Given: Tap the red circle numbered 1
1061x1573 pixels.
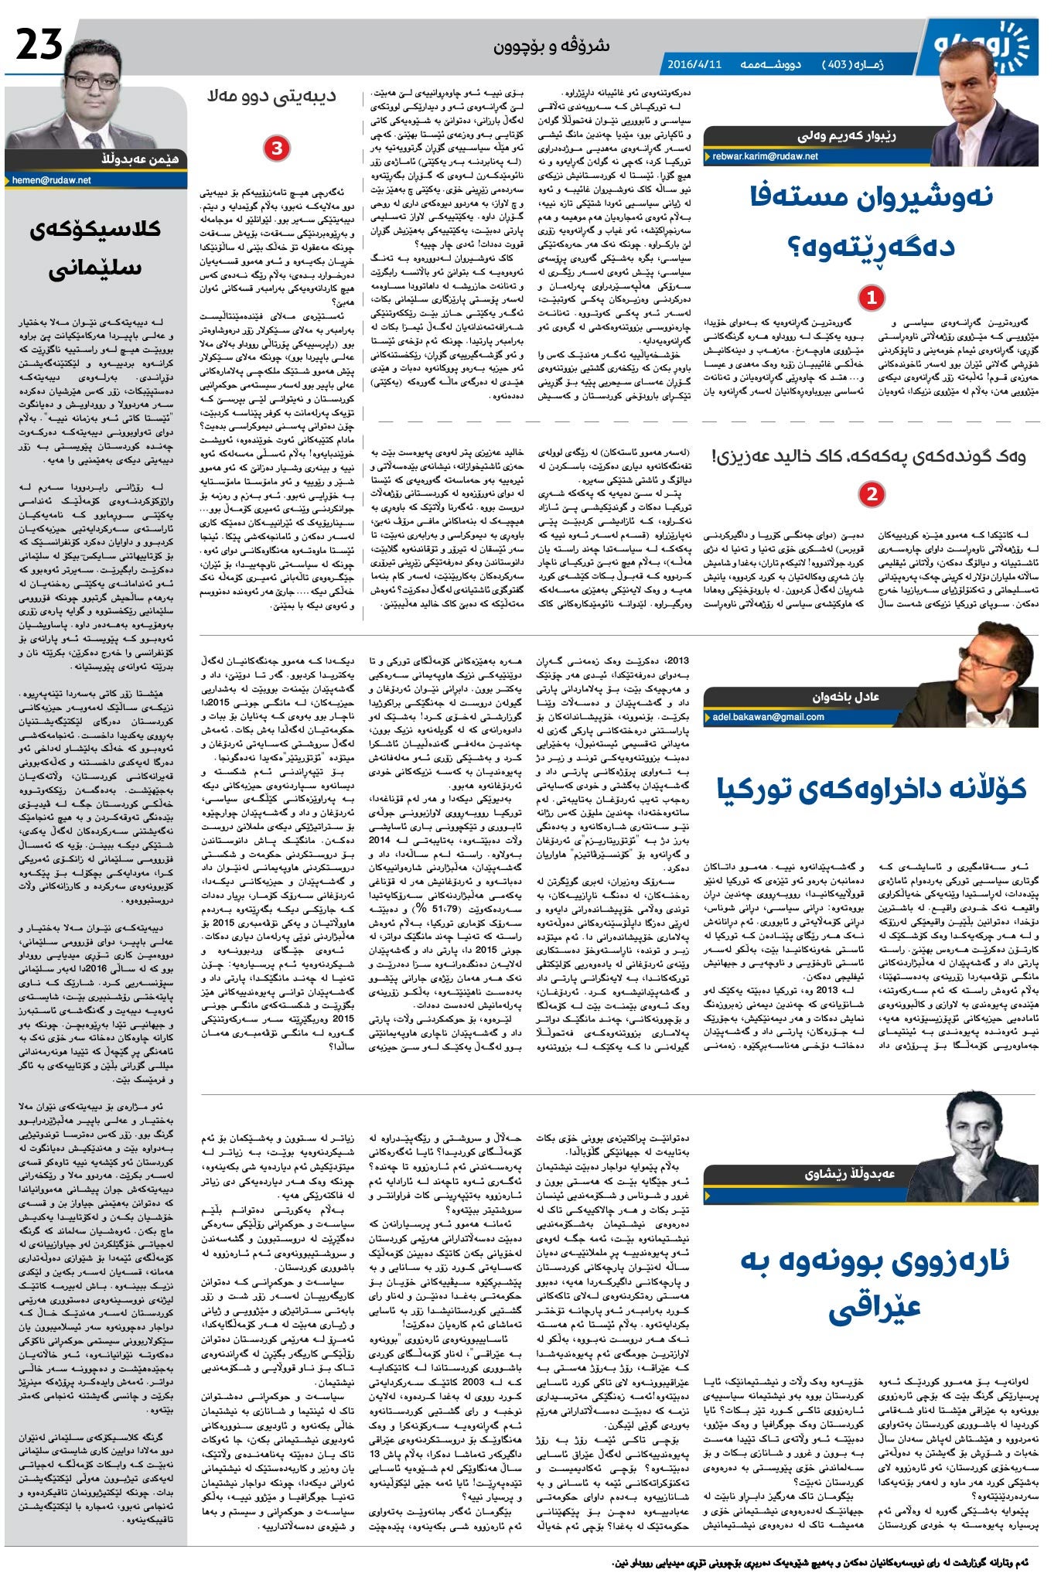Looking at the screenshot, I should [872, 297].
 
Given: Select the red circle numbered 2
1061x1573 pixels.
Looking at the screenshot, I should [872, 493].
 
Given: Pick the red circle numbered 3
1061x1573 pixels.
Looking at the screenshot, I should [276, 148].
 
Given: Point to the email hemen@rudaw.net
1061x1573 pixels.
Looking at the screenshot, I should [52, 179].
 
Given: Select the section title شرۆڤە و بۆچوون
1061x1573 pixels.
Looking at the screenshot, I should [551, 46].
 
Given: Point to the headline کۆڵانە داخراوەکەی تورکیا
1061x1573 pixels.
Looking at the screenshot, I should [872, 788].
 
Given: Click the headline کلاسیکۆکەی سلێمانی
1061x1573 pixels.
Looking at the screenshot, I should [95, 250].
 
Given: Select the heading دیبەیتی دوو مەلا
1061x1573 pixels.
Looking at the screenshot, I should [271, 97].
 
